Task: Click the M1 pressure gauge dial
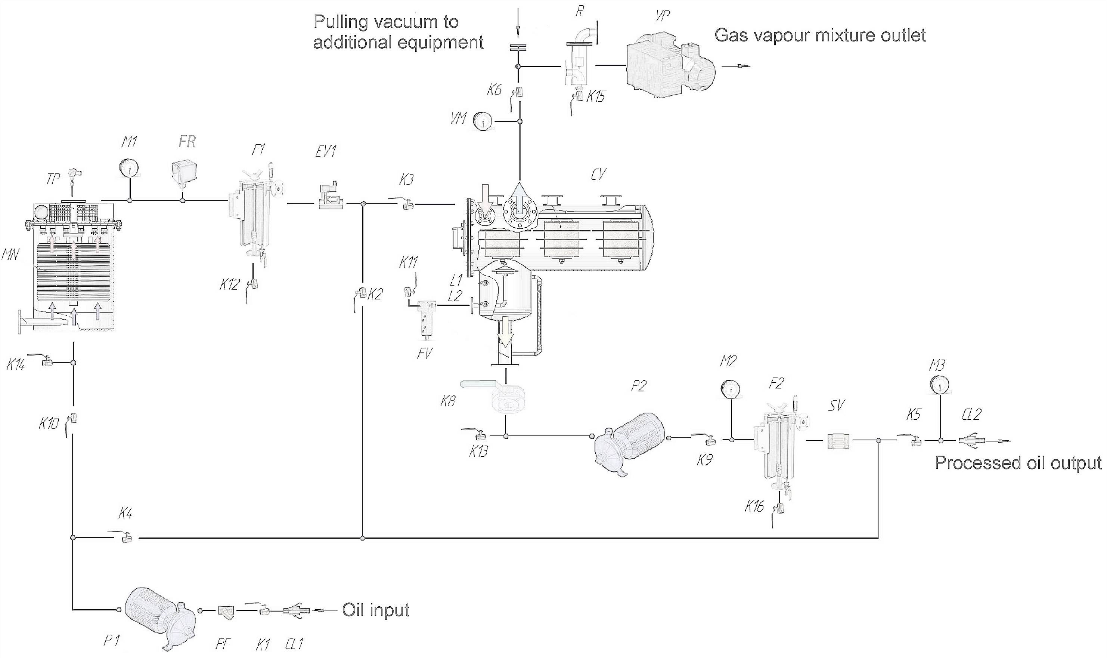(x=129, y=168)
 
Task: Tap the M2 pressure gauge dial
(x=730, y=389)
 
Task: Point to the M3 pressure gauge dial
(x=939, y=384)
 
